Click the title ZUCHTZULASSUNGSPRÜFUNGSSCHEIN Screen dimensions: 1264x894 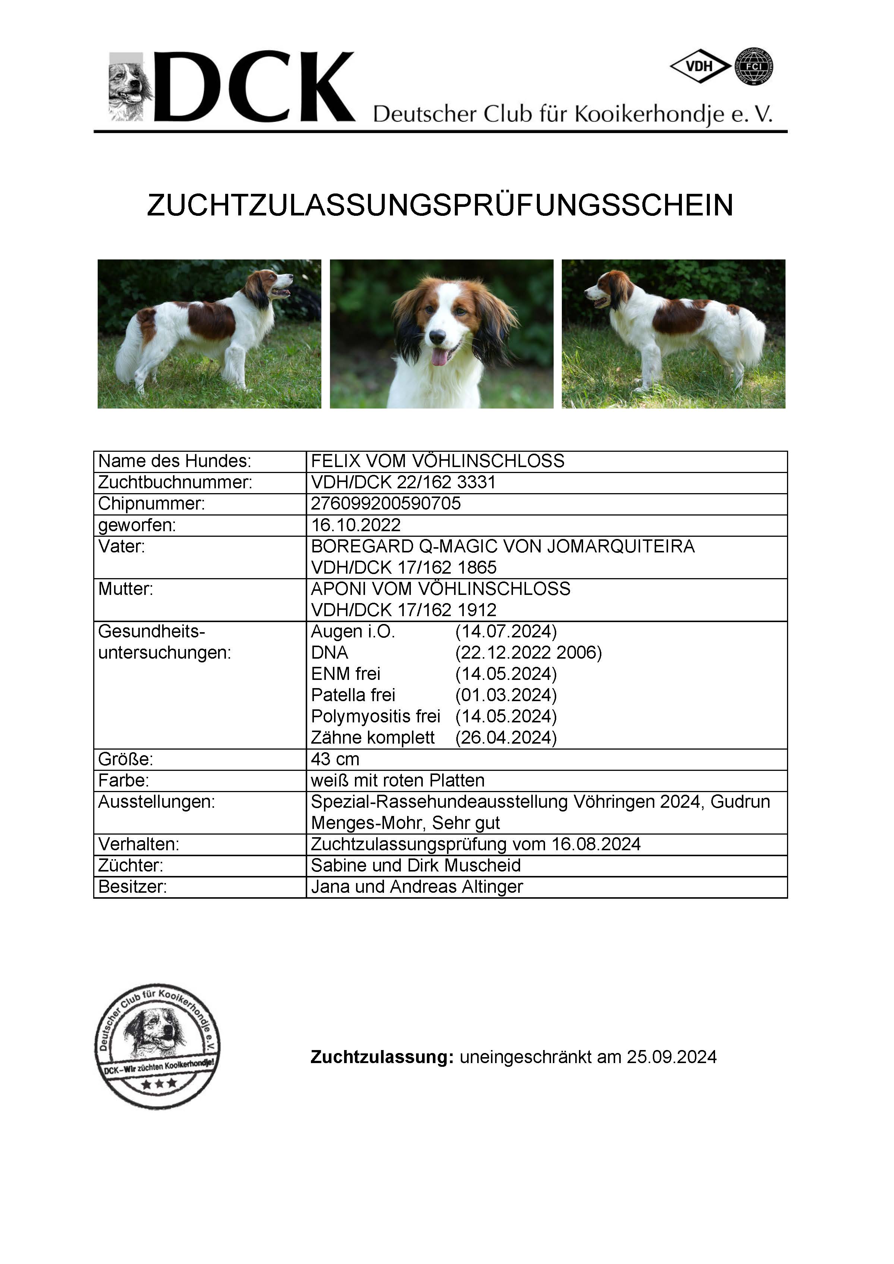click(x=440, y=205)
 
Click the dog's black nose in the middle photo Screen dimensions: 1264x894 click(x=438, y=336)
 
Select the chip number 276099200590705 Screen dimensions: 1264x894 click(x=385, y=504)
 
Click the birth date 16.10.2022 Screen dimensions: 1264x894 click(x=356, y=525)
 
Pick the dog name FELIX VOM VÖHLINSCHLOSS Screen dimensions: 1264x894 click(x=438, y=461)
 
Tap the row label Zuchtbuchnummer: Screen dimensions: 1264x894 click(x=174, y=482)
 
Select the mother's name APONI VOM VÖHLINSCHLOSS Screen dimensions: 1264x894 click(x=440, y=589)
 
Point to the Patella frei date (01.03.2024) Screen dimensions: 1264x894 click(x=506, y=695)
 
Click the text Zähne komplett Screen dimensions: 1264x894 click(x=373, y=738)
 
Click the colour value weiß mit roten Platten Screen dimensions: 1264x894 click(x=397, y=781)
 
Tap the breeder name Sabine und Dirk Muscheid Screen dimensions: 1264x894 click(x=416, y=866)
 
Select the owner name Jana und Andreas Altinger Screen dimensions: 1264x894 click(x=417, y=887)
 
